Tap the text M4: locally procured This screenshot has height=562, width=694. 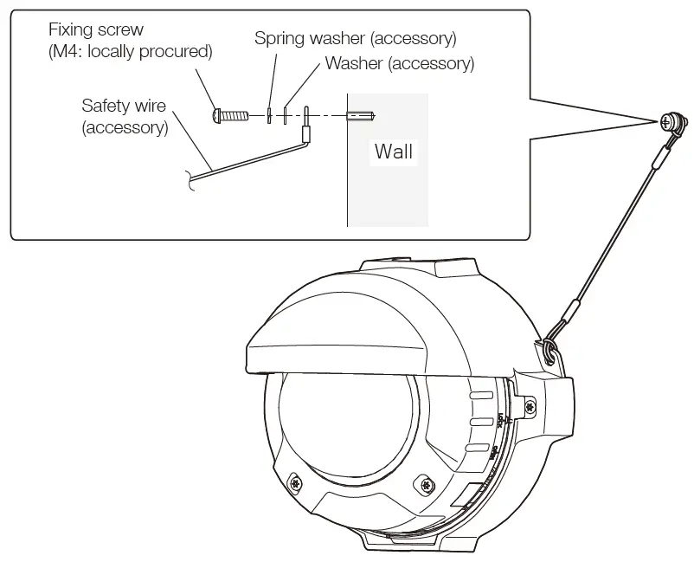tap(131, 52)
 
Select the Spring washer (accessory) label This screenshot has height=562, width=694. tap(355, 39)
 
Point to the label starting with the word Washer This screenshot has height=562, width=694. tap(399, 63)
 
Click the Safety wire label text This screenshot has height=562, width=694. tap(124, 106)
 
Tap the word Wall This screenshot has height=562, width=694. tap(394, 152)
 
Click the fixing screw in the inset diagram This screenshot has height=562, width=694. tap(229, 113)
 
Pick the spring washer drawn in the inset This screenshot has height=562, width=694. tap(269, 114)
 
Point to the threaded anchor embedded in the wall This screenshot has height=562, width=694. tap(360, 114)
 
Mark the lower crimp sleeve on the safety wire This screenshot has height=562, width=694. tap(573, 311)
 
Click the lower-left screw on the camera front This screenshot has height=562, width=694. tap(297, 481)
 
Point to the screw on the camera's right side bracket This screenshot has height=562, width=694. tap(529, 404)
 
